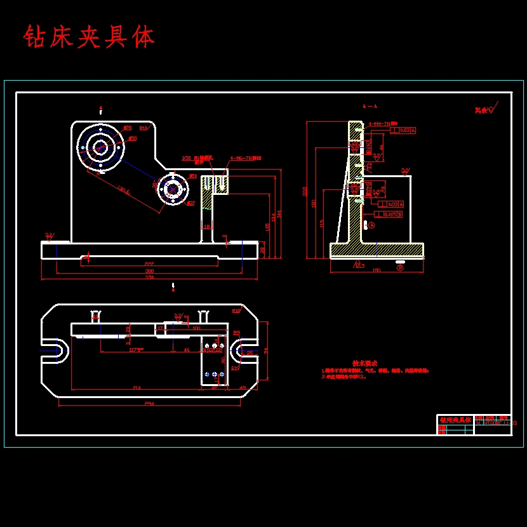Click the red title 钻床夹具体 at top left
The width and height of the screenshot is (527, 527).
click(x=89, y=37)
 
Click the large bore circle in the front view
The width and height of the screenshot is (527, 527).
click(x=100, y=147)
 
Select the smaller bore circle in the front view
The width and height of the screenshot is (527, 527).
click(x=172, y=189)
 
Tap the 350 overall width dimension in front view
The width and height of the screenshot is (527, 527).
click(x=149, y=277)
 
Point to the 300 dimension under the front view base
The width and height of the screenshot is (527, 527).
click(x=149, y=271)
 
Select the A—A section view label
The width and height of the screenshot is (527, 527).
click(x=370, y=107)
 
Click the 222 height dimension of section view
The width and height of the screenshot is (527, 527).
click(x=305, y=190)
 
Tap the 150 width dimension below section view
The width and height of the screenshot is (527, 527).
click(x=376, y=270)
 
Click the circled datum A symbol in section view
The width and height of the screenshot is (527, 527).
click(x=371, y=225)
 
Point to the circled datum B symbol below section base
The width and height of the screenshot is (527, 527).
click(x=400, y=267)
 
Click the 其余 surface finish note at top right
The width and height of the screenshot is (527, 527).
click(x=483, y=110)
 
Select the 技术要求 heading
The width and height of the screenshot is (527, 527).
click(x=365, y=363)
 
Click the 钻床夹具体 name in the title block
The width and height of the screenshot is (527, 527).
click(x=455, y=421)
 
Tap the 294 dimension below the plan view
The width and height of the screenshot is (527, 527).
click(x=149, y=403)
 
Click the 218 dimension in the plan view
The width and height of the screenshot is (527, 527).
click(x=137, y=387)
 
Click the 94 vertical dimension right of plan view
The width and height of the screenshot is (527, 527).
click(x=266, y=350)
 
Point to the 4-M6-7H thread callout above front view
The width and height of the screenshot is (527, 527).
click(x=245, y=157)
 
